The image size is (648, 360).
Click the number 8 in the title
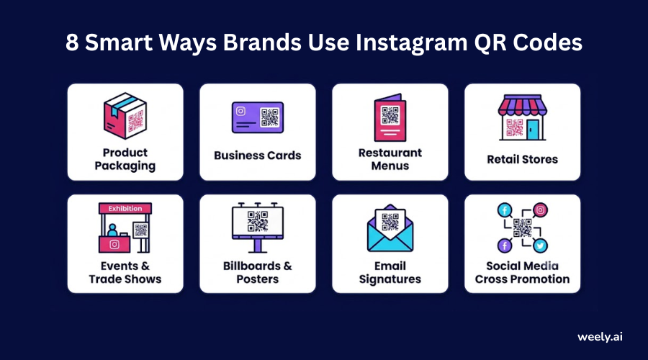72,42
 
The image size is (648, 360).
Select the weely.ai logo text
600,337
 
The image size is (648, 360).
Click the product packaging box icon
125,116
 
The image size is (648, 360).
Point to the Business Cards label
258,156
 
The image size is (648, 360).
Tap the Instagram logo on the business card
240,111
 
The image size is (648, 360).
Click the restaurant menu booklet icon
390,118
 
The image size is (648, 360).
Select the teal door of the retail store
533,130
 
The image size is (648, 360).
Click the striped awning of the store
523,105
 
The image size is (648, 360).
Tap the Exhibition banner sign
125,208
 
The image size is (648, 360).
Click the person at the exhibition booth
112,230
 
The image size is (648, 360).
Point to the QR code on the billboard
258,222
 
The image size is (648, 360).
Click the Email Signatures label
390,272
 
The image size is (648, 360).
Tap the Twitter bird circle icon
540,245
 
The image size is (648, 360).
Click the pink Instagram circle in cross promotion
540,210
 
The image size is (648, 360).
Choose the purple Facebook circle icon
505,246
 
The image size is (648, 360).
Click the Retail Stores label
523,159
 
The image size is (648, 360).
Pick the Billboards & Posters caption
258,272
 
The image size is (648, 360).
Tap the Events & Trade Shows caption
125,272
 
